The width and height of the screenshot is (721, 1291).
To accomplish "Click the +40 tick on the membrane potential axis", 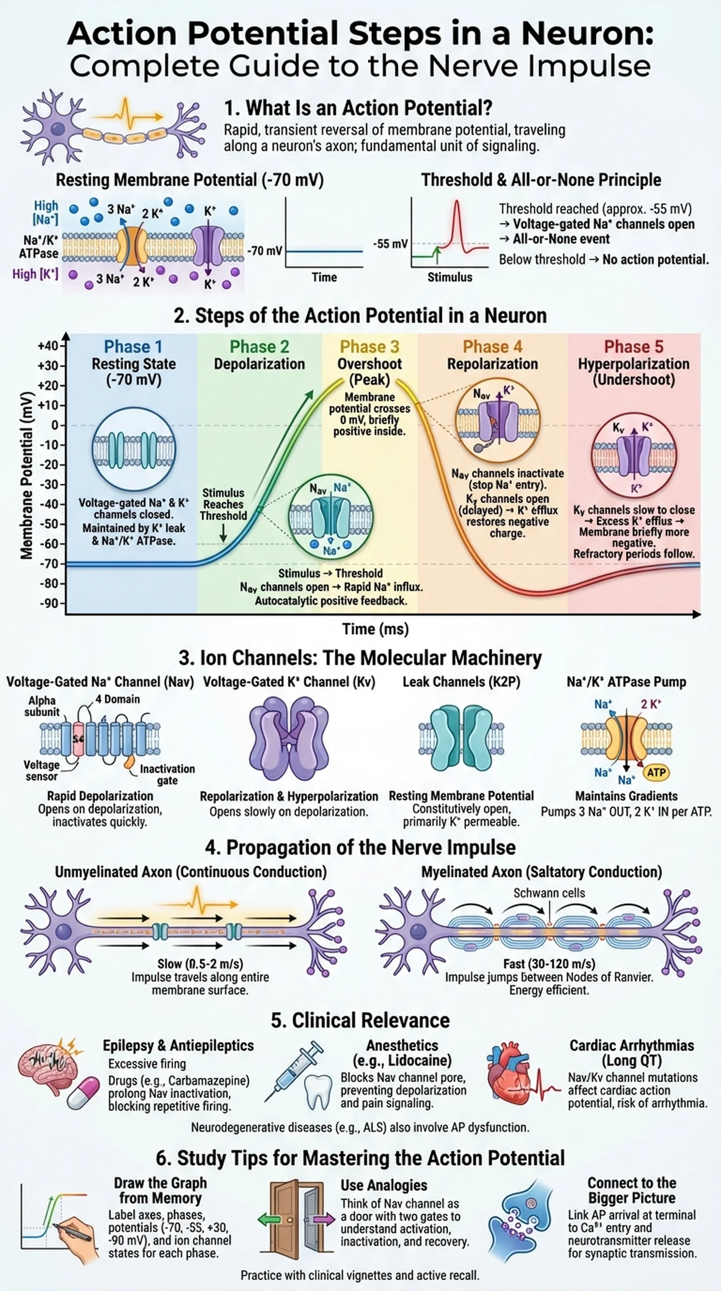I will point(48,346).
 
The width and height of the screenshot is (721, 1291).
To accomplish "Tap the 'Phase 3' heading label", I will point(369,347).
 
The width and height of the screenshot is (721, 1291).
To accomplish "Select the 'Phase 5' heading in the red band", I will point(633,347).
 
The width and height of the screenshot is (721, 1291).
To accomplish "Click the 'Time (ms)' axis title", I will point(375,629).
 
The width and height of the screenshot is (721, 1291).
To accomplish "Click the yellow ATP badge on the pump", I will point(656,772).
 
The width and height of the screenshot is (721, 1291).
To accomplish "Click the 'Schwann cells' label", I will point(549,893).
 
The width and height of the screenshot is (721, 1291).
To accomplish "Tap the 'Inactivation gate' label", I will point(167,775).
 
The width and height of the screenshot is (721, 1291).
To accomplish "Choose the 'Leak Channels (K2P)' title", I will point(461,682).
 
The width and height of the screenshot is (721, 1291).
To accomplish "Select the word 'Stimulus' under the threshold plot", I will point(449,277).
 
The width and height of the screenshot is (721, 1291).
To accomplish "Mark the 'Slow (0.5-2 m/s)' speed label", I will point(200,963).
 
